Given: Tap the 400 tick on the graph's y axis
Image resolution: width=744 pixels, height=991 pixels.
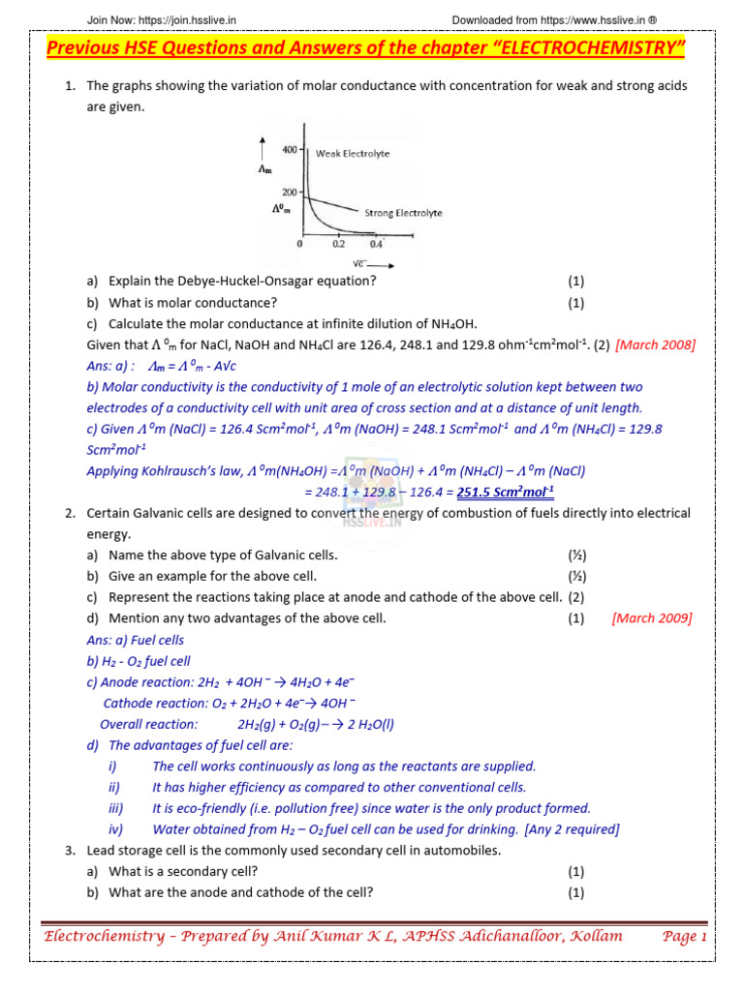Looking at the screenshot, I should pos(289,151).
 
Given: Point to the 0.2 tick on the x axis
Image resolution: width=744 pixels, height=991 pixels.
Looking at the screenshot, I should pos(338,244).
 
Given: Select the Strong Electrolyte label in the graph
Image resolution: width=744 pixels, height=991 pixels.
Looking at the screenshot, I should pos(403,212).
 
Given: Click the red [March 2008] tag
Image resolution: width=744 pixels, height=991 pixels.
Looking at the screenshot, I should pos(655,345).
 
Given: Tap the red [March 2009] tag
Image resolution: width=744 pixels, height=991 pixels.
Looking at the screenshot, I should pos(652,618).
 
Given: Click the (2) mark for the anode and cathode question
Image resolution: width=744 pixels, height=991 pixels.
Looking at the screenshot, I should pos(576,597).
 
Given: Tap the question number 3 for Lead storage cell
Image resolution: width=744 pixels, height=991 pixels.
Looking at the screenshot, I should pos(71,851).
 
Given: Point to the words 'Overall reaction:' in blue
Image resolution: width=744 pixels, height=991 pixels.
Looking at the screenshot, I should pos(148,724).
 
